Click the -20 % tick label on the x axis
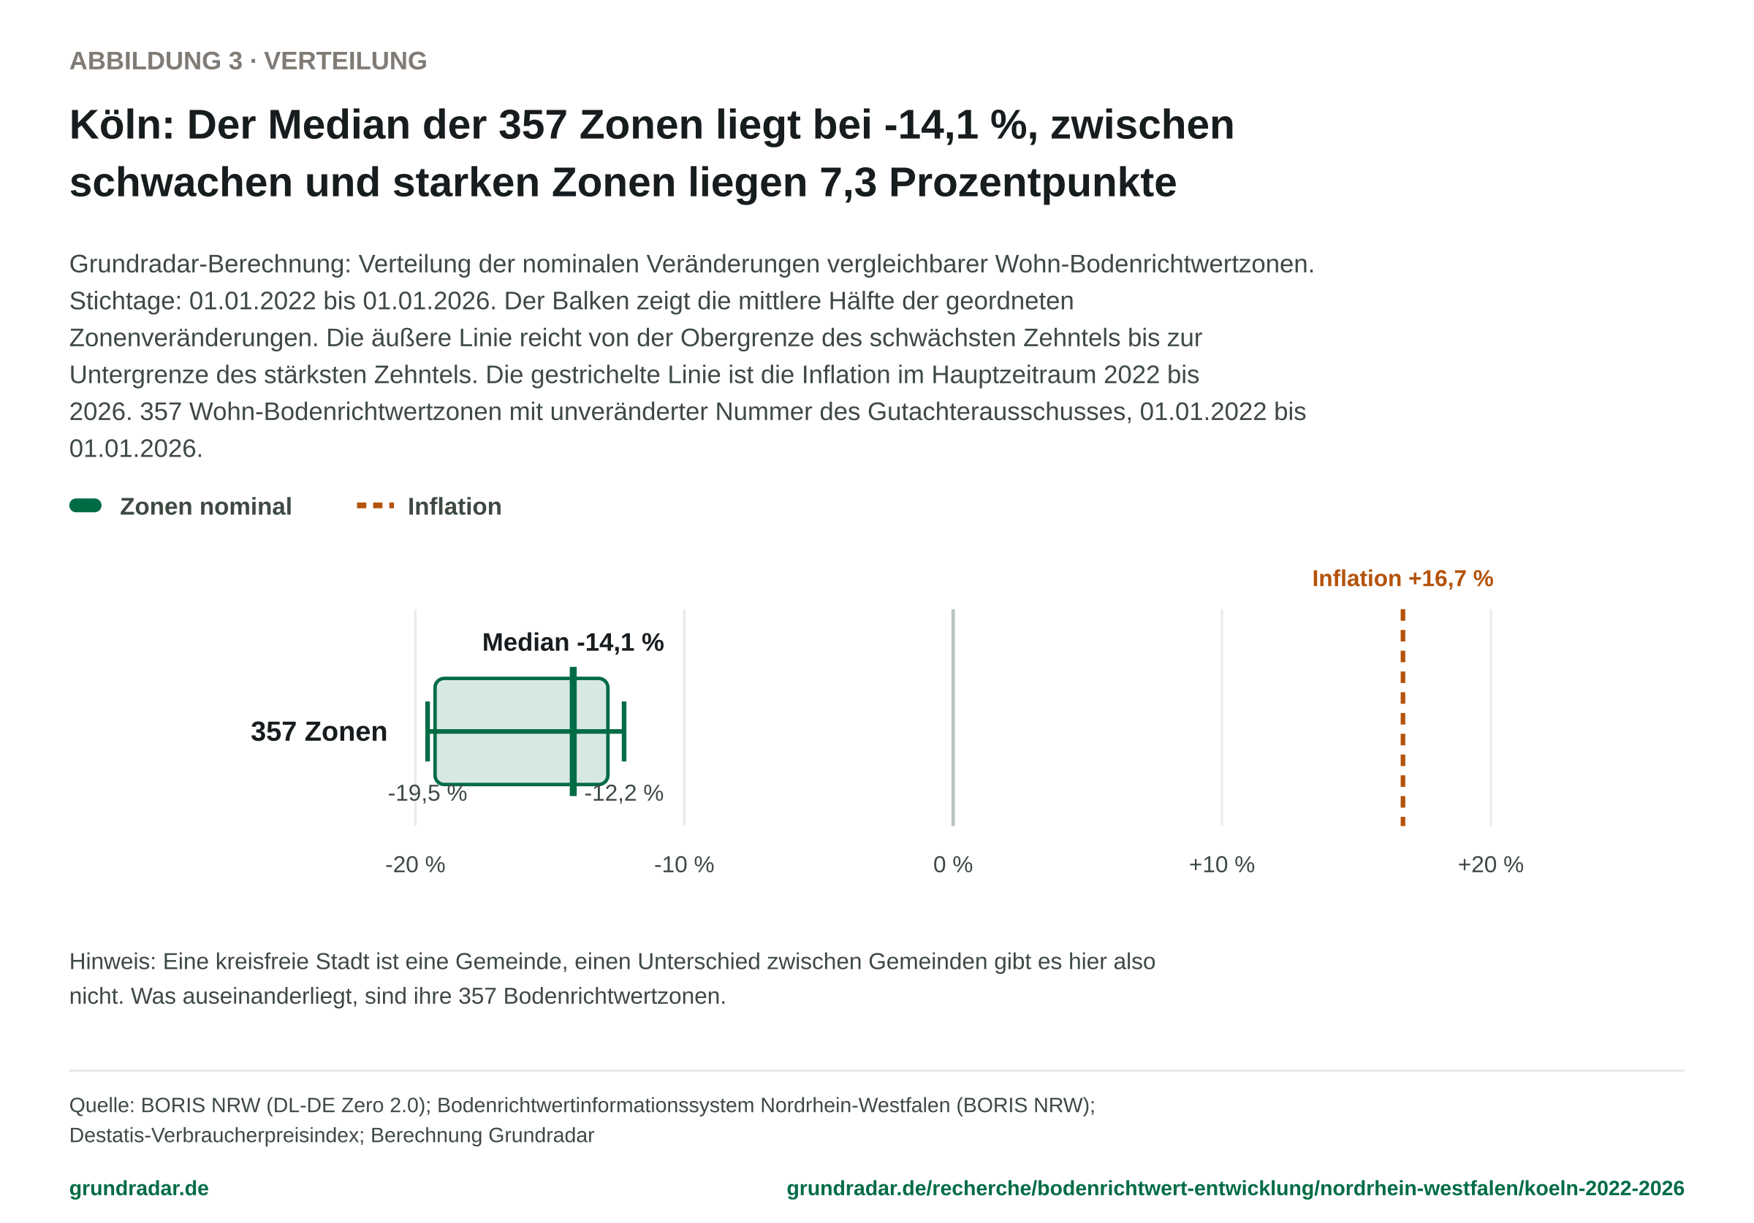(415, 865)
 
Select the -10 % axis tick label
(684, 865)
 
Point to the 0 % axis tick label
(952, 865)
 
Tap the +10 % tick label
(1221, 865)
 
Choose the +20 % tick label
(1490, 865)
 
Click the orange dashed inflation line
(1402, 718)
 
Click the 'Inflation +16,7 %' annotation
(1402, 579)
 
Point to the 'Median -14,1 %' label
(573, 641)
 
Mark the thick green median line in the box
(573, 731)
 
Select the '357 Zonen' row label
(319, 732)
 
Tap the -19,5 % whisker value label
(427, 793)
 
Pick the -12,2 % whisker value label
(623, 793)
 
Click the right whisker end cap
(624, 731)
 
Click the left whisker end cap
(428, 731)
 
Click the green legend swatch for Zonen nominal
(86, 506)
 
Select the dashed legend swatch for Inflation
(376, 506)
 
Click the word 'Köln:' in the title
(122, 124)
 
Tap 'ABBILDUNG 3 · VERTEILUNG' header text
(248, 61)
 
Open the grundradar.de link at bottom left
(139, 1189)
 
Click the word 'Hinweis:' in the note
(113, 961)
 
